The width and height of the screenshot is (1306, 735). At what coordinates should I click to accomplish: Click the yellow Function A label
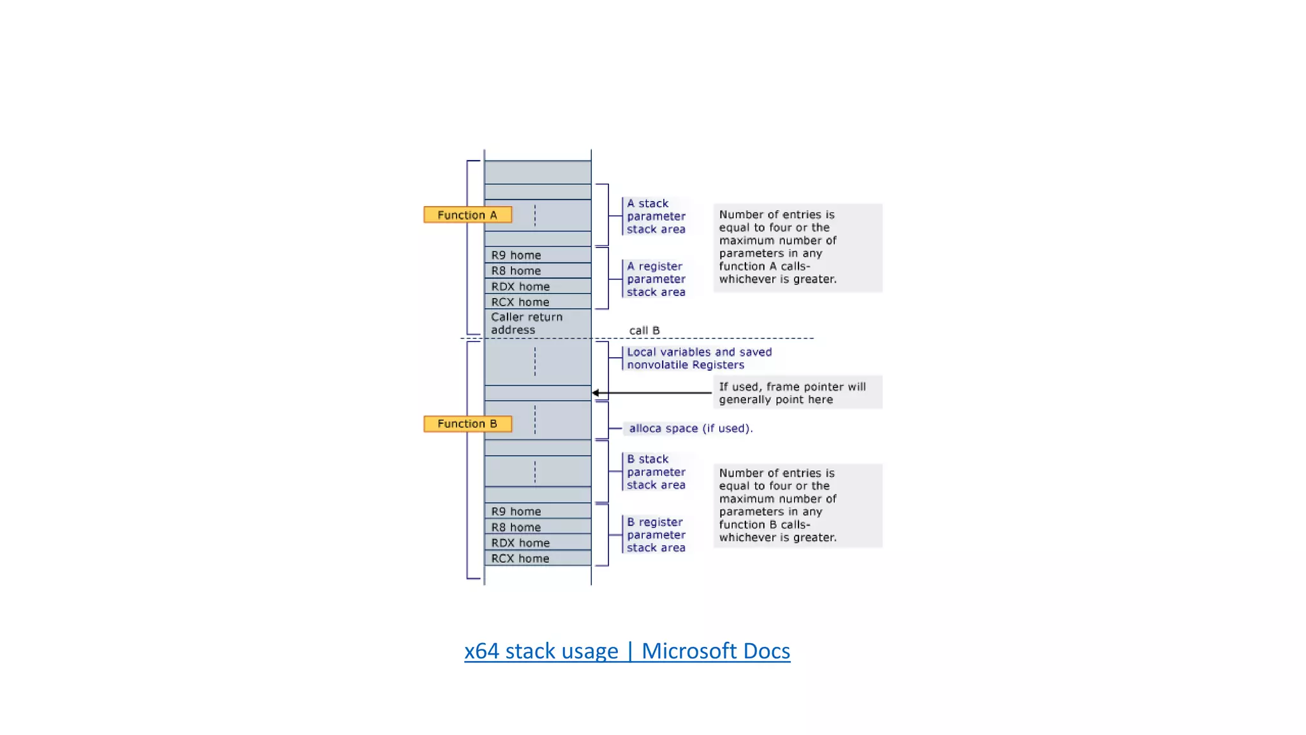click(x=467, y=215)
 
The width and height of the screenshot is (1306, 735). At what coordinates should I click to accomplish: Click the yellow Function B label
click(x=467, y=424)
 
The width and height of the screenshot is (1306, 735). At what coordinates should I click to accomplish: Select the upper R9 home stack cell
click(x=537, y=255)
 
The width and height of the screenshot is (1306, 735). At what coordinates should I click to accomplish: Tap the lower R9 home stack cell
click(x=537, y=511)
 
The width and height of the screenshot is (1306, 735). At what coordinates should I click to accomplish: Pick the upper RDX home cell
click(x=537, y=286)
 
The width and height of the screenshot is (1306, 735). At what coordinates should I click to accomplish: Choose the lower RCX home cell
click(x=537, y=558)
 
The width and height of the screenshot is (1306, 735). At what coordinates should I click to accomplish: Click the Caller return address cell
click(x=537, y=323)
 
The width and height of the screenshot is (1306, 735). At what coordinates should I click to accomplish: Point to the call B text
click(x=644, y=330)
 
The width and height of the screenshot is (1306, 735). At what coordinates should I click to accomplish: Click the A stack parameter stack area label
click(x=656, y=216)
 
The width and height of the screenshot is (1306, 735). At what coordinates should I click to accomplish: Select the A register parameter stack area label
click(x=656, y=279)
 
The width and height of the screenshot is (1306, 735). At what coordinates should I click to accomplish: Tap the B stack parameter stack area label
click(x=656, y=472)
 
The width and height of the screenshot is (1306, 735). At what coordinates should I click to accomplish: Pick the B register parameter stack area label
click(x=656, y=535)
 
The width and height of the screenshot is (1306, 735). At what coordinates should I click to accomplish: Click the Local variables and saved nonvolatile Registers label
click(x=698, y=359)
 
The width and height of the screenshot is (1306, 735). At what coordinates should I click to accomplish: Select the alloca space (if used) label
click(x=690, y=429)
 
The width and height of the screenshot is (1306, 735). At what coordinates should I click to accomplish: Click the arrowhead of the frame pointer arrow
click(x=596, y=393)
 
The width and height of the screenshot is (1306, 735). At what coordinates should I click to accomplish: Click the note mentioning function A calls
click(x=797, y=248)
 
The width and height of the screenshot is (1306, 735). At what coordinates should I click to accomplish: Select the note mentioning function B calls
click(x=797, y=505)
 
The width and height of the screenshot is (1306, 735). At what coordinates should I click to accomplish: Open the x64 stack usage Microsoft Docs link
click(x=627, y=651)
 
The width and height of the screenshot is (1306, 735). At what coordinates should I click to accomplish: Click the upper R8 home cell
click(x=537, y=271)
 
